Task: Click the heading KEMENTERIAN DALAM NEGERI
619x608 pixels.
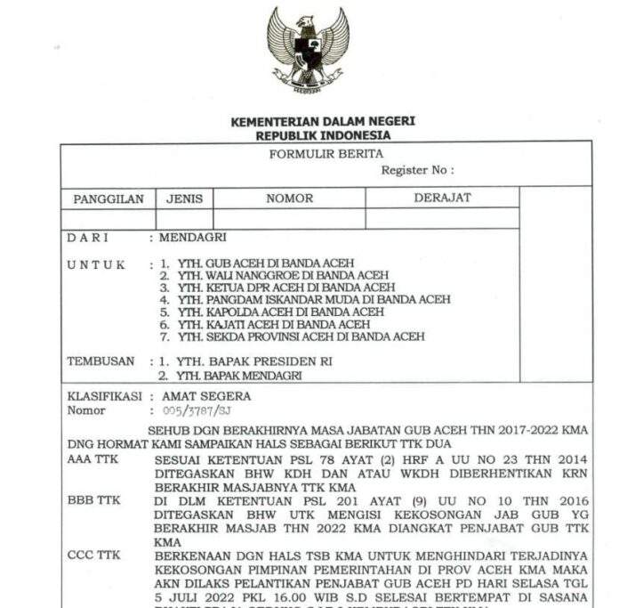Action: [x=323, y=122]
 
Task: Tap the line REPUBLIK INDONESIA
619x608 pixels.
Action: [x=323, y=135]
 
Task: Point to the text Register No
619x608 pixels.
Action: [x=417, y=169]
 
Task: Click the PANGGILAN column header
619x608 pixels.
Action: [x=108, y=199]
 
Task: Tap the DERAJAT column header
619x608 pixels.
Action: [x=442, y=198]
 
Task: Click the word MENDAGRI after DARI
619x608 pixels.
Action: [x=193, y=238]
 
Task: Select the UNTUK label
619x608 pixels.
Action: [x=97, y=264]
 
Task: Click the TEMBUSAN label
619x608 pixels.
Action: [x=101, y=361]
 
